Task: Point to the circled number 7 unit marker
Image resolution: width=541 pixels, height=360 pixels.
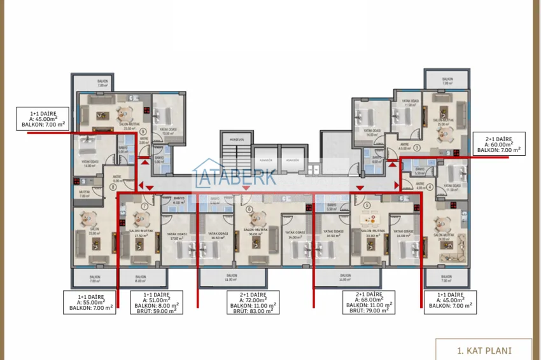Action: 145,207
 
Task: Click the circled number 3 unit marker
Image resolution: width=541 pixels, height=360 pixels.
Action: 416,148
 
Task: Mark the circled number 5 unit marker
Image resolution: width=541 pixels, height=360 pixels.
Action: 367,207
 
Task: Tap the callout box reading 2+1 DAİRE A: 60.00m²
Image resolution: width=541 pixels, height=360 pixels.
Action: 498,143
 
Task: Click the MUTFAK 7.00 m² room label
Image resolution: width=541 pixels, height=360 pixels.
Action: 85,195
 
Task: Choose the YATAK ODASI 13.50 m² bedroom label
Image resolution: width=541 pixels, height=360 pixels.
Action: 169,131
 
